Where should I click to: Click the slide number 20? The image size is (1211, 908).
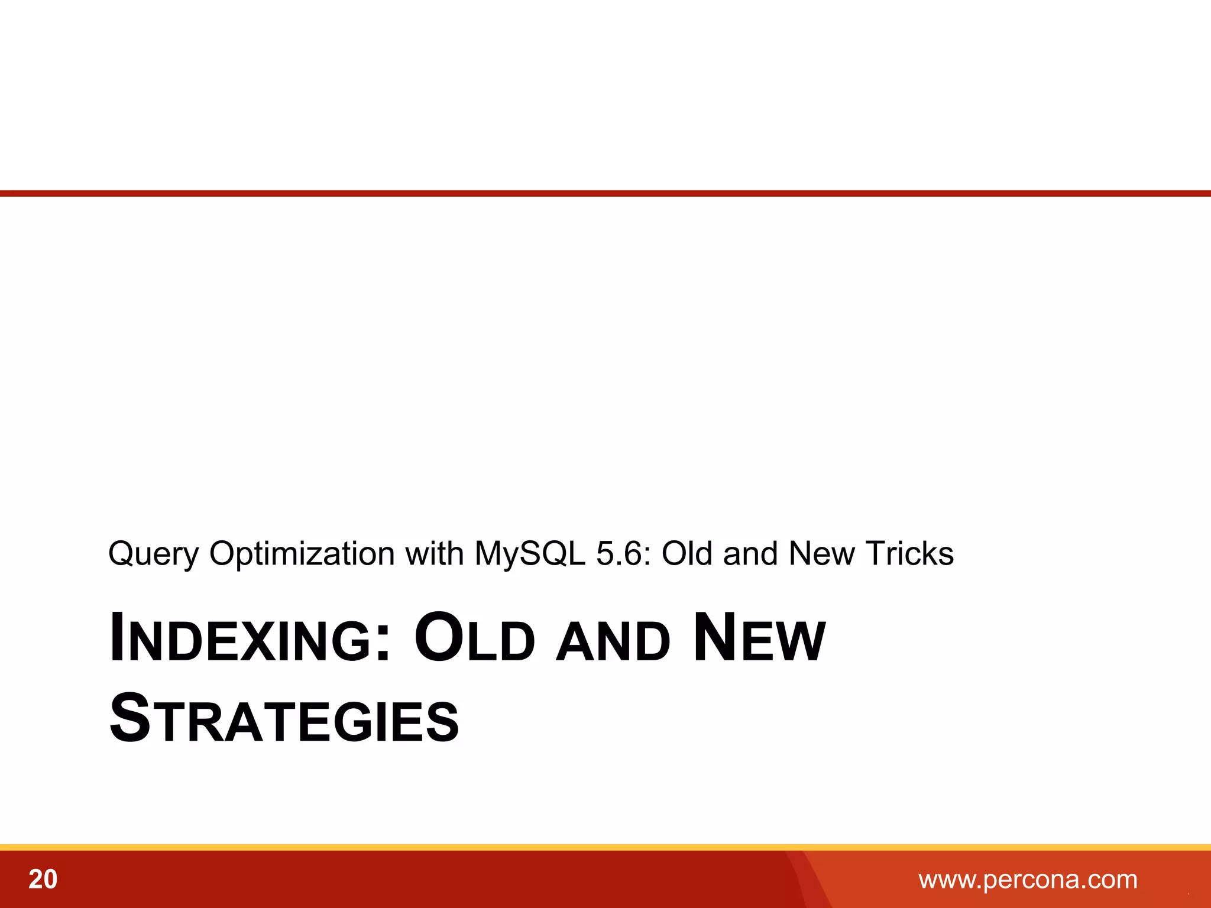(x=43, y=880)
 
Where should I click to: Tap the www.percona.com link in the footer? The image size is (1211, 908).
(x=1028, y=880)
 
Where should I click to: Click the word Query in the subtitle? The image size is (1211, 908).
(x=153, y=554)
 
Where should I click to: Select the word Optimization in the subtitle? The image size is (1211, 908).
(x=302, y=554)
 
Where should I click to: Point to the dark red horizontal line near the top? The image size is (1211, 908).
(x=605, y=193)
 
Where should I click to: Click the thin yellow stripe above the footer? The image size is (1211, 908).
(x=605, y=847)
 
